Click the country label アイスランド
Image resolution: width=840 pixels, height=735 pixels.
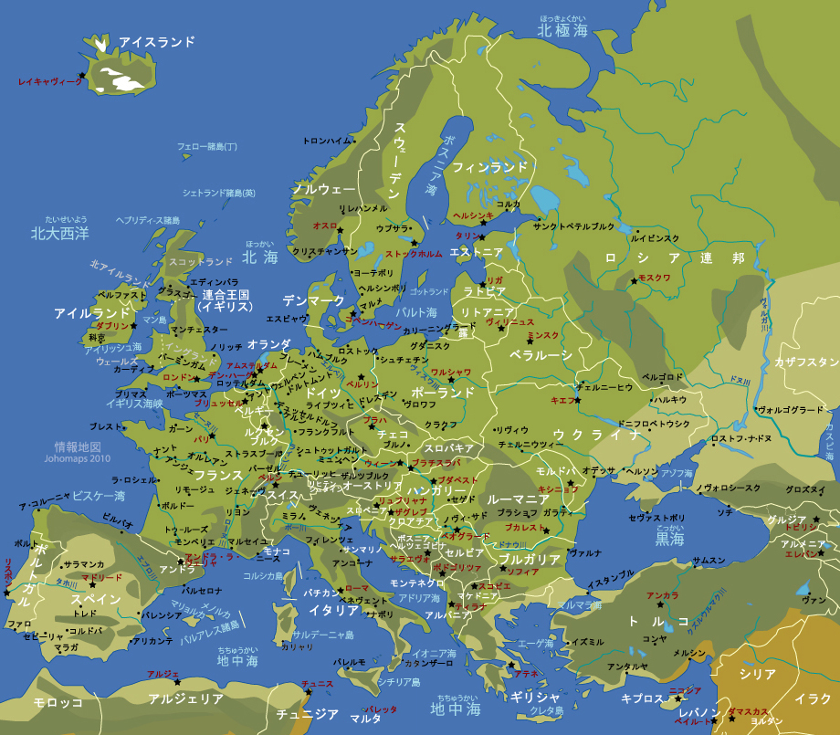[157, 42]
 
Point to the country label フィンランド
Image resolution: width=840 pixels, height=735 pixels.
[490, 167]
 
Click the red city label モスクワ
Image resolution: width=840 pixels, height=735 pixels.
[654, 278]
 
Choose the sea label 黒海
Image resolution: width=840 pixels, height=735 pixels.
[669, 540]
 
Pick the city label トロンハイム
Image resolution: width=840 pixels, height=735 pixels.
[327, 142]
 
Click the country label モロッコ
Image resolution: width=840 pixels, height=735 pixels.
[58, 702]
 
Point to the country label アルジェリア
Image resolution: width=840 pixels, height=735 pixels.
[185, 698]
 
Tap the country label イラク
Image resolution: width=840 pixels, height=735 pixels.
[812, 698]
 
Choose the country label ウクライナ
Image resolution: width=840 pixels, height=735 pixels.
[598, 434]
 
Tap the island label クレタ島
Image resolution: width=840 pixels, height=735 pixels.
[547, 709]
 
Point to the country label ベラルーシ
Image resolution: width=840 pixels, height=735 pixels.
[541, 354]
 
